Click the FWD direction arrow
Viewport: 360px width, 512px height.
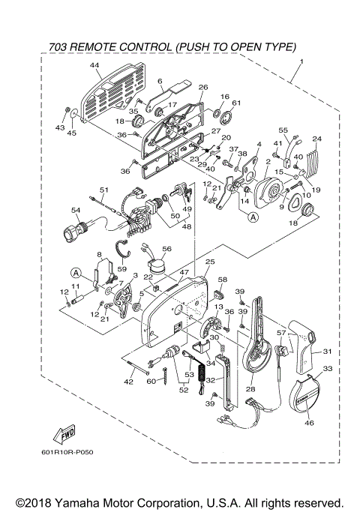pyautogui.click(x=64, y=433)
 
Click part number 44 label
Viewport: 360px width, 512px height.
pyautogui.click(x=94, y=65)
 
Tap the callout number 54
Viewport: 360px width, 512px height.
pyautogui.click(x=76, y=211)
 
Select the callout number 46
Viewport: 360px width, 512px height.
pyautogui.click(x=309, y=423)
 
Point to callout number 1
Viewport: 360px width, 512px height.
pyautogui.click(x=301, y=61)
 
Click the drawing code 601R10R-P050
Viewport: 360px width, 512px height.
pyautogui.click(x=67, y=452)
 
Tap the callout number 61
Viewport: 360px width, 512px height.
pyautogui.click(x=236, y=103)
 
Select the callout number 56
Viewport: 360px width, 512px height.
pyautogui.click(x=166, y=249)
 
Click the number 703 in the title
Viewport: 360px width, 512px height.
pyautogui.click(x=58, y=47)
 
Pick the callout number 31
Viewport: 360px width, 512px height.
pyautogui.click(x=327, y=352)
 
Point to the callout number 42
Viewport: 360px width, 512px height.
pyautogui.click(x=129, y=382)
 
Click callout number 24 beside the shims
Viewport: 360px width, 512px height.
pyautogui.click(x=317, y=139)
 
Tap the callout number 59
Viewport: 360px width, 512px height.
pyautogui.click(x=122, y=269)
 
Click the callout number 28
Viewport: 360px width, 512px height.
pyautogui.click(x=250, y=389)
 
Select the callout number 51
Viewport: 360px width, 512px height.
pyautogui.click(x=104, y=190)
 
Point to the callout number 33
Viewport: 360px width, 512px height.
pyautogui.click(x=328, y=368)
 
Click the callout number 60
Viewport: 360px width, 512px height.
pyautogui.click(x=151, y=381)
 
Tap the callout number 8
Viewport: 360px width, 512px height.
pyautogui.click(x=99, y=254)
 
